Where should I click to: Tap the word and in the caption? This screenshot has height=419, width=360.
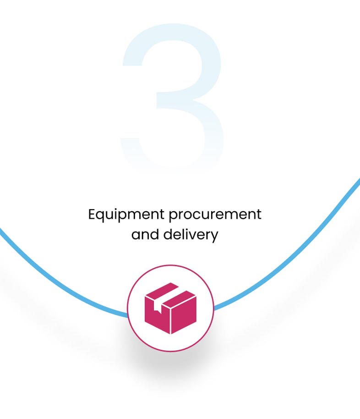tap(145, 234)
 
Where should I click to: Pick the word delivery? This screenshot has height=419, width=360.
tap(191, 235)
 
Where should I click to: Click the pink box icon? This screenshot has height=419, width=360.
tap(171, 308)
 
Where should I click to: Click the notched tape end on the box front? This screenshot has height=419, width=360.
tap(157, 308)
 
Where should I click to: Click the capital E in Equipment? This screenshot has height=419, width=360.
tap(92, 214)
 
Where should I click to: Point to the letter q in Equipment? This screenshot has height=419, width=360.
tap(102, 217)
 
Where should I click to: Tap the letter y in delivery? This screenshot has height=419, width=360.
tap(214, 237)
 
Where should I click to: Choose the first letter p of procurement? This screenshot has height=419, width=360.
tap(174, 217)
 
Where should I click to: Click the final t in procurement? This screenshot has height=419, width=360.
tap(259, 215)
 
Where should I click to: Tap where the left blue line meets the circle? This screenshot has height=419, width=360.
tap(128, 315)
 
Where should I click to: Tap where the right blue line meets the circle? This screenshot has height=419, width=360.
tap(214, 309)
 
